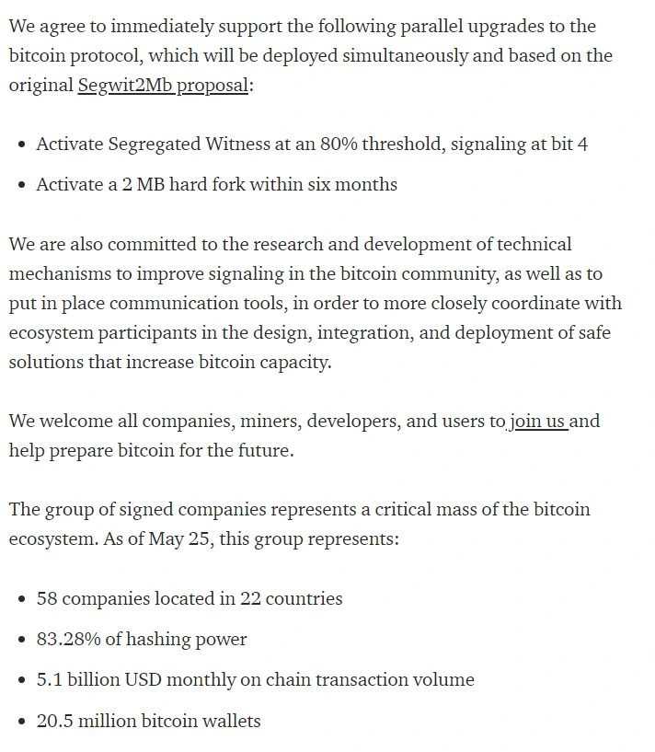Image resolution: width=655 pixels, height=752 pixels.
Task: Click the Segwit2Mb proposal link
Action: [x=163, y=86]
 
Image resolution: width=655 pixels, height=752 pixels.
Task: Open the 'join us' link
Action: [x=538, y=422]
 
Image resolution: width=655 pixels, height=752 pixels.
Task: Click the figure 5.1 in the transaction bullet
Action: [x=48, y=679]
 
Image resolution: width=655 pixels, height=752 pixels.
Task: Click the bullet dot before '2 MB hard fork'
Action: [x=22, y=185]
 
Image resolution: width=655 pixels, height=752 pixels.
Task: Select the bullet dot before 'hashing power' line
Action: [x=22, y=640]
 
